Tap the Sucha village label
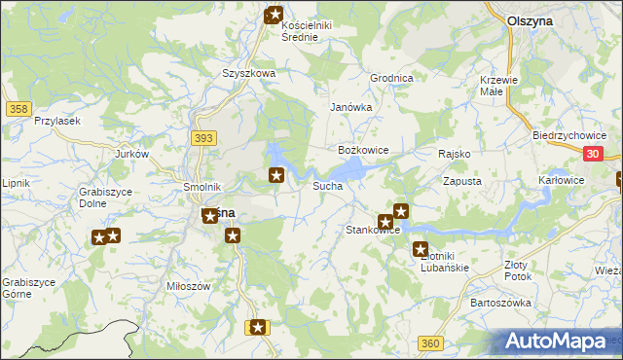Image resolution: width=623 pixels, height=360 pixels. tap(326, 185)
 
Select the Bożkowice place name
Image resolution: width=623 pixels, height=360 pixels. tap(363, 151)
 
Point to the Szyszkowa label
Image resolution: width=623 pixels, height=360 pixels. tap(249, 73)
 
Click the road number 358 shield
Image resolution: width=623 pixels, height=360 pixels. tap(17, 109)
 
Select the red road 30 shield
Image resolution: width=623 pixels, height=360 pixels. tap(595, 154)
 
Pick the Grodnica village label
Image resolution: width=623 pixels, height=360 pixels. tap(391, 78)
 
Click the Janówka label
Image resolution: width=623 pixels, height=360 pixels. tap(351, 107)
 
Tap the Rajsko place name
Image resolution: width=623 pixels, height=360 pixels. tap(455, 154)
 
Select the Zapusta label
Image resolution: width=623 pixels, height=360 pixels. tap(462, 181)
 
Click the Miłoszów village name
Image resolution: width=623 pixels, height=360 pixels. tap(189, 286)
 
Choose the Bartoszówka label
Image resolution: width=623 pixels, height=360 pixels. tap(500, 303)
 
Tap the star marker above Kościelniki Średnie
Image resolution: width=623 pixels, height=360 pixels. tap(275, 15)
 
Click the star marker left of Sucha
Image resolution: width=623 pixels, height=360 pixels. tap(277, 175)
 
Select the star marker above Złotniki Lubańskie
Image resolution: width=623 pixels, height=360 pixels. tap(421, 249)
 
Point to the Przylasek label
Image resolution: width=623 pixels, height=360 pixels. tap(56, 120)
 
